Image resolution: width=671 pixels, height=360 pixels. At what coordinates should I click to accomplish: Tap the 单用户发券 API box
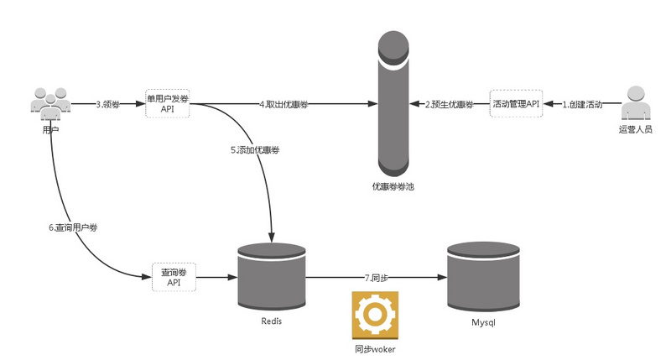pyautogui.click(x=168, y=104)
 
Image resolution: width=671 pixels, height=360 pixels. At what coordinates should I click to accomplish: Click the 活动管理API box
pyautogui.click(x=516, y=104)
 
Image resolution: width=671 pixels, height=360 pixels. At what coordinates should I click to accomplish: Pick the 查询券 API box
pyautogui.click(x=174, y=277)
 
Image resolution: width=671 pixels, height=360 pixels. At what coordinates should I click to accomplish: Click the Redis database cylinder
pyautogui.click(x=271, y=277)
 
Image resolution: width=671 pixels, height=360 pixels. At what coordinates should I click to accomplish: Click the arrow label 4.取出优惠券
pyautogui.click(x=285, y=105)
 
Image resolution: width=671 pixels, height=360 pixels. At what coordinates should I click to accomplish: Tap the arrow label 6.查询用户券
pyautogui.click(x=73, y=228)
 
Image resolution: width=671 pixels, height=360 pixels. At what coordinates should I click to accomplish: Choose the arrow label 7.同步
pyautogui.click(x=377, y=277)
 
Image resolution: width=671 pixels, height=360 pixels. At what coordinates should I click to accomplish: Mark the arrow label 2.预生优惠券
pyautogui.click(x=449, y=105)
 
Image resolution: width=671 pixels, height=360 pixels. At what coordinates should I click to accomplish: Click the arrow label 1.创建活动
pyautogui.click(x=581, y=105)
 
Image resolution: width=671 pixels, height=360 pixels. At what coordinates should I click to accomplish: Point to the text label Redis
pyautogui.click(x=271, y=321)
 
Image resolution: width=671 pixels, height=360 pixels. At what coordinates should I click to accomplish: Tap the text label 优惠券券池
pyautogui.click(x=393, y=186)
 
